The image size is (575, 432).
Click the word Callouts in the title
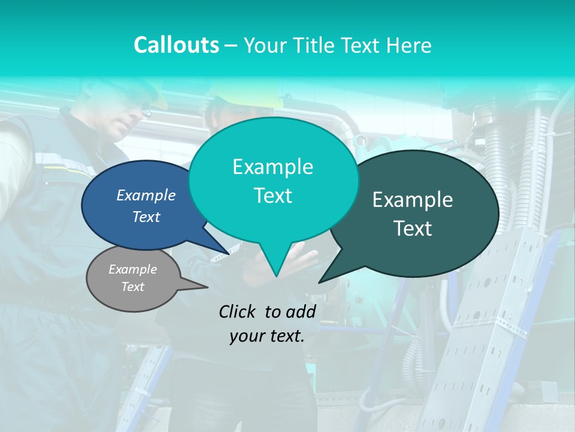[176, 45]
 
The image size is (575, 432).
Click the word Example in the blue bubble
[146, 195]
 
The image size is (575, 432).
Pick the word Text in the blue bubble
[146, 217]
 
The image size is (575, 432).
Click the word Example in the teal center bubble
[273, 167]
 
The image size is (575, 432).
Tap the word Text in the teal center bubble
[273, 196]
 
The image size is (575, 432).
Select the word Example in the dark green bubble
[413, 200]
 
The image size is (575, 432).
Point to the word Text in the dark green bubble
[413, 229]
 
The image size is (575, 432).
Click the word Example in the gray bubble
[132, 269]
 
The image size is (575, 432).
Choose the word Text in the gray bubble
[132, 287]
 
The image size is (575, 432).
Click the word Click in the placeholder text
[238, 311]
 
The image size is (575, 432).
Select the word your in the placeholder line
[246, 336]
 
